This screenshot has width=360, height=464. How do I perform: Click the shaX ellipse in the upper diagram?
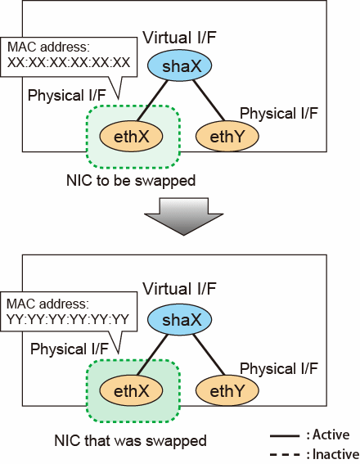click(179, 65)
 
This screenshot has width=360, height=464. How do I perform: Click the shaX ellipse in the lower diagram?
click(179, 320)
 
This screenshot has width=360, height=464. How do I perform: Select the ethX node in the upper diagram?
click(131, 137)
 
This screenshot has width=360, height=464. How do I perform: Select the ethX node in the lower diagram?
click(131, 390)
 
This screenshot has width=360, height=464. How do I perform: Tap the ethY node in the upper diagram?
click(227, 137)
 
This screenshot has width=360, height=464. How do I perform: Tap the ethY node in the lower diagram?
click(227, 390)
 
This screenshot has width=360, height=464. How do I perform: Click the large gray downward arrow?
click(184, 216)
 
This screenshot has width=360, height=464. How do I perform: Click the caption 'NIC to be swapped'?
click(131, 181)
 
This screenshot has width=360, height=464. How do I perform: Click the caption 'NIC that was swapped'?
click(130, 440)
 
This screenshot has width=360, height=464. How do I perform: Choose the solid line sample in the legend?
click(285, 436)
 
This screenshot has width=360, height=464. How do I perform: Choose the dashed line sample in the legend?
click(285, 454)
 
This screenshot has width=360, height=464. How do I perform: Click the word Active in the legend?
click(331, 435)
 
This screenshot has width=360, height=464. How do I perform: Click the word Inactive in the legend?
click(336, 454)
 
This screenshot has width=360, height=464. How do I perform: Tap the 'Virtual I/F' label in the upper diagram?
click(179, 38)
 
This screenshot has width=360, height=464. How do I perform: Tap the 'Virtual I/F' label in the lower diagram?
click(179, 289)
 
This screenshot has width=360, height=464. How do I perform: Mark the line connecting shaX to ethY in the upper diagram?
click(209, 101)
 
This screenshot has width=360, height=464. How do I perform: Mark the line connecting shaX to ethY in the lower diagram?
click(209, 355)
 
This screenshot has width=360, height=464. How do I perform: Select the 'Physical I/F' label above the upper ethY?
click(279, 113)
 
